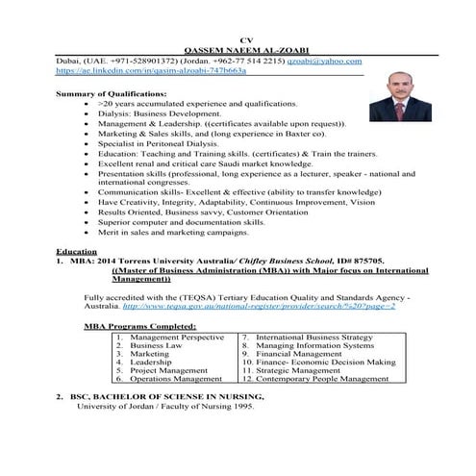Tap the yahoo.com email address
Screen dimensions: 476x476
(323, 60)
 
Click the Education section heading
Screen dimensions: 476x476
(78, 251)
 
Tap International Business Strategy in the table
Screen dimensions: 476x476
(313, 338)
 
